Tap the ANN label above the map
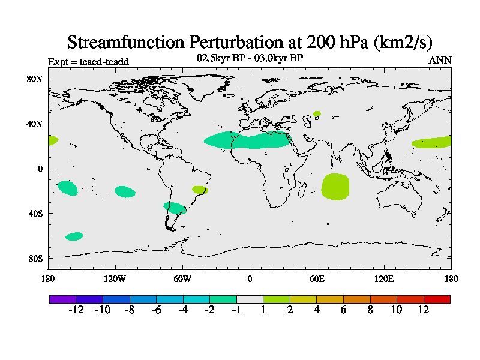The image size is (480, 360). point(440,60)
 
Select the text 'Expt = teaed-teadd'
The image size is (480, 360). point(88,61)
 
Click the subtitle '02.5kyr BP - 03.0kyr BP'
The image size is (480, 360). point(250,58)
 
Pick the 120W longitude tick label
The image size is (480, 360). point(115,278)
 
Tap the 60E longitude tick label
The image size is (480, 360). point(317,278)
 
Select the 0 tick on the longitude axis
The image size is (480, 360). point(250,278)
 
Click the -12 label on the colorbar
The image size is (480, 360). point(76,310)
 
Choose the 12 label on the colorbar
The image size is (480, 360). point(424,310)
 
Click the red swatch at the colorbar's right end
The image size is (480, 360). point(437,299)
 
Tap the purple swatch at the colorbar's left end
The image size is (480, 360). point(62,299)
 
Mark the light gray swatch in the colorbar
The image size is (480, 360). point(250,299)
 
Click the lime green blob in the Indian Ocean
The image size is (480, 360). point(335,187)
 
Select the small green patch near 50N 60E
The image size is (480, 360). point(317,113)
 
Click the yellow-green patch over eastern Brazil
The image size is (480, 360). point(200,190)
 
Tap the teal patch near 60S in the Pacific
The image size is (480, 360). point(74,236)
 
